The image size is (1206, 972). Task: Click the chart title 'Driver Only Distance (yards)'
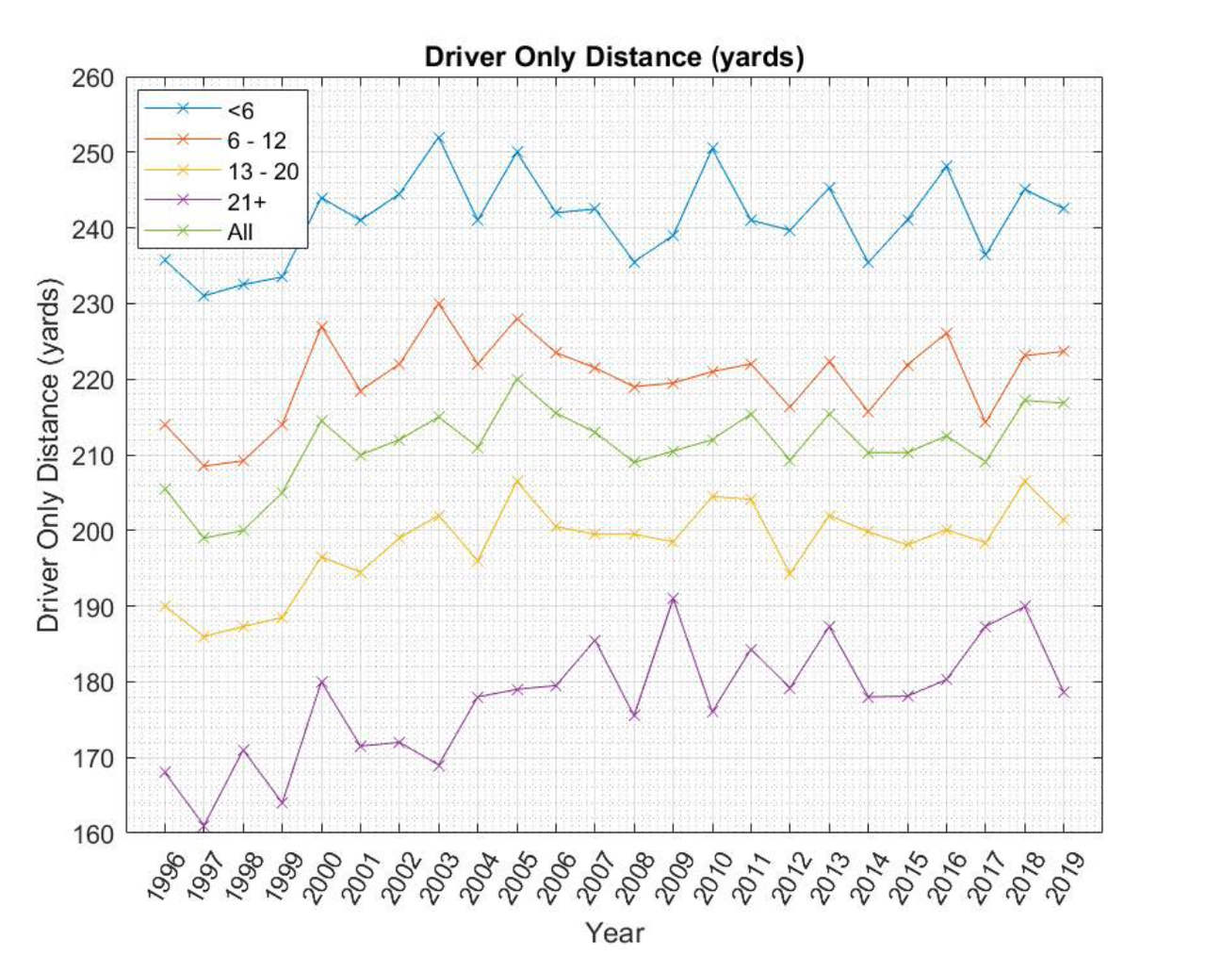614,57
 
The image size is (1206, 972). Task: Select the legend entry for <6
241,110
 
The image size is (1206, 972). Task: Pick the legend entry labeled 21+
247,201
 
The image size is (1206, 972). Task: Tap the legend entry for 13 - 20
263,171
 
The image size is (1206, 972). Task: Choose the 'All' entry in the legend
240,232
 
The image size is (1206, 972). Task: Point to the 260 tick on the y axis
93,78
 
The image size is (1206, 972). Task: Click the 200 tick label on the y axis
93,531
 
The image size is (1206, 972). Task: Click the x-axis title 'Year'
614,932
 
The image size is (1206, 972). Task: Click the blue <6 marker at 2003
438,138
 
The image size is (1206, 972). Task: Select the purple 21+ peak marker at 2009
673,599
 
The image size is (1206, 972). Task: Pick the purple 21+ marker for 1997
204,827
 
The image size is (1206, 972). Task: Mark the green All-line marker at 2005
516,379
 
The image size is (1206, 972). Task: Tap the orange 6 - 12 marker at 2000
321,326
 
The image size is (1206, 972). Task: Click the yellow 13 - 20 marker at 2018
1025,481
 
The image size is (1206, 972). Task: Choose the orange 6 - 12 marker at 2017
986,422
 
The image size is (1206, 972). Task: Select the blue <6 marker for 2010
712,148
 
